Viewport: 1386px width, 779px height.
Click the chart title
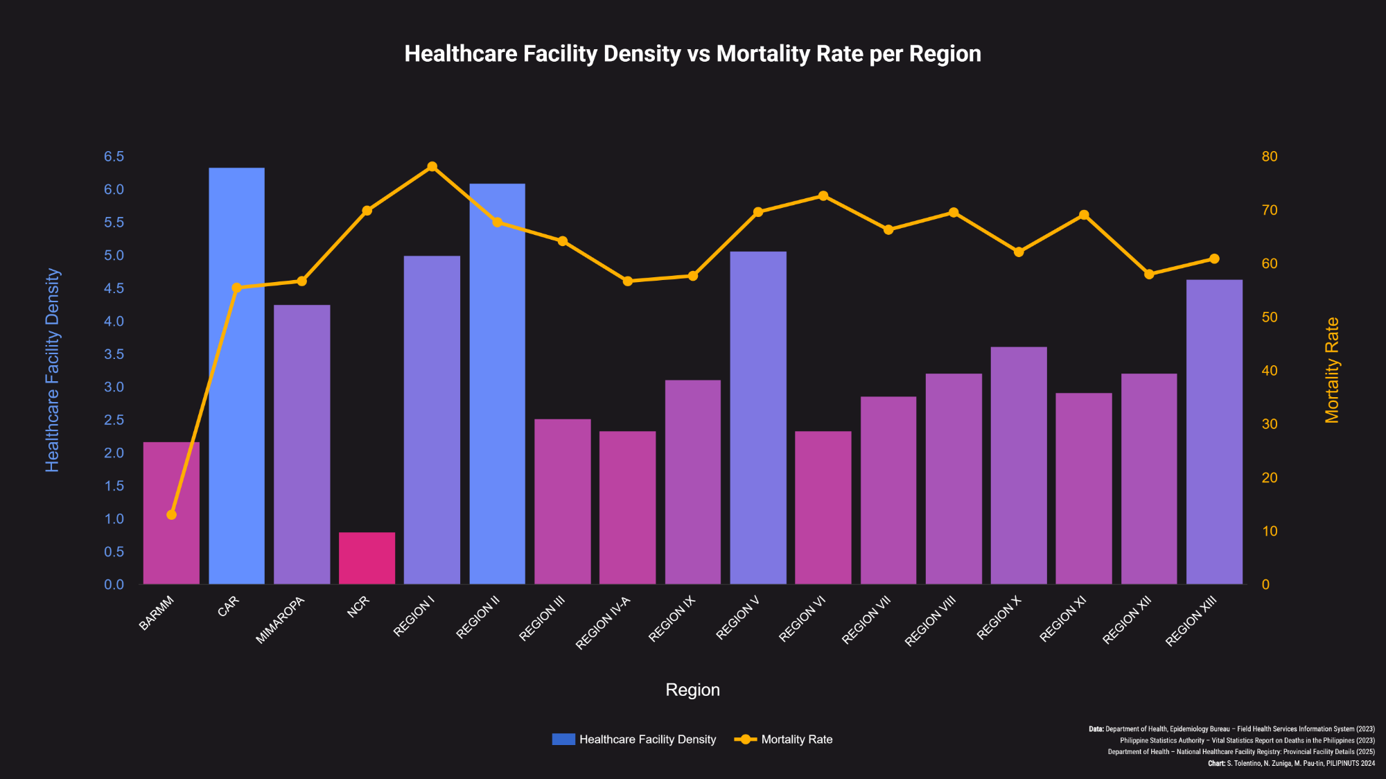(x=692, y=54)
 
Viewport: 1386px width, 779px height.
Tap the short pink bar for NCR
(x=367, y=558)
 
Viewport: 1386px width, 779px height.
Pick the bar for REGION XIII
(x=1214, y=432)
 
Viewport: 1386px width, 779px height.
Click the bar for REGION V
(x=758, y=418)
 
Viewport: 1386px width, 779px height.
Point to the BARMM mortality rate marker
(x=171, y=514)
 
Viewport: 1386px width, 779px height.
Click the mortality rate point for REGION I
(x=432, y=166)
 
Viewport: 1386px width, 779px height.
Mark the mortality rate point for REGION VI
(x=823, y=195)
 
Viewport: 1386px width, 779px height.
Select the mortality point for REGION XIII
(x=1214, y=259)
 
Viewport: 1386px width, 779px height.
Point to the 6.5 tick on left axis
(x=114, y=157)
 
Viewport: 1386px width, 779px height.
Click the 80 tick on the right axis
(x=1270, y=157)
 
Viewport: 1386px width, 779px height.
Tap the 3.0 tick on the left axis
(x=114, y=387)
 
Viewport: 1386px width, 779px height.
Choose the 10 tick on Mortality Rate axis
(x=1270, y=532)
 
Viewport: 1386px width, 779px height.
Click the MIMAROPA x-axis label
(x=281, y=620)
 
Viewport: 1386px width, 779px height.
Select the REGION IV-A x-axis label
(x=604, y=622)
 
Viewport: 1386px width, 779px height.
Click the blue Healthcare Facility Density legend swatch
(x=563, y=739)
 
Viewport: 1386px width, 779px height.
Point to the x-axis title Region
(x=692, y=690)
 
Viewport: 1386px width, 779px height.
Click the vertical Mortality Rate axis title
(x=1332, y=370)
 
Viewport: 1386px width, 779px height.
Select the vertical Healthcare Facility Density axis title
(x=53, y=370)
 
